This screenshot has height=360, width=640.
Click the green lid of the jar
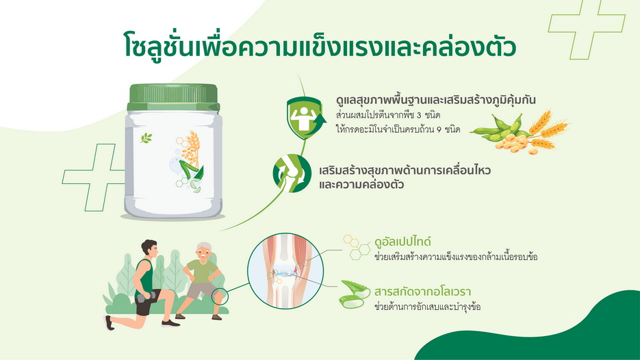(173, 98)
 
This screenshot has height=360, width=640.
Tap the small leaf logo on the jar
(146, 138)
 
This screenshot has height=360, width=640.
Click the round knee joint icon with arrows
(292, 173)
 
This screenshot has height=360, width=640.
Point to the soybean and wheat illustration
(520, 132)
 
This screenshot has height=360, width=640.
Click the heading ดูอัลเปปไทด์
(402, 242)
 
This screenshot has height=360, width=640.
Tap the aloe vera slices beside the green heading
(355, 294)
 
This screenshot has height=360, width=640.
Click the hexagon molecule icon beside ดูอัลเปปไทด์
(357, 247)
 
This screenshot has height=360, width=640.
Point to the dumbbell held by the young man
(146, 296)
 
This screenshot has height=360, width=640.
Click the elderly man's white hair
(205, 248)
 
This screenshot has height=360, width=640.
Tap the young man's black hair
(148, 246)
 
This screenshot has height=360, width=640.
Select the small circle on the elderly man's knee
(220, 296)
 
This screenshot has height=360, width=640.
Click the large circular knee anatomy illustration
(285, 270)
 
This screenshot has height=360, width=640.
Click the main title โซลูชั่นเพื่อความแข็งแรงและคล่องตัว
(320, 45)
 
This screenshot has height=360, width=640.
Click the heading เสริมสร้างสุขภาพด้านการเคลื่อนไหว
(405, 170)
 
